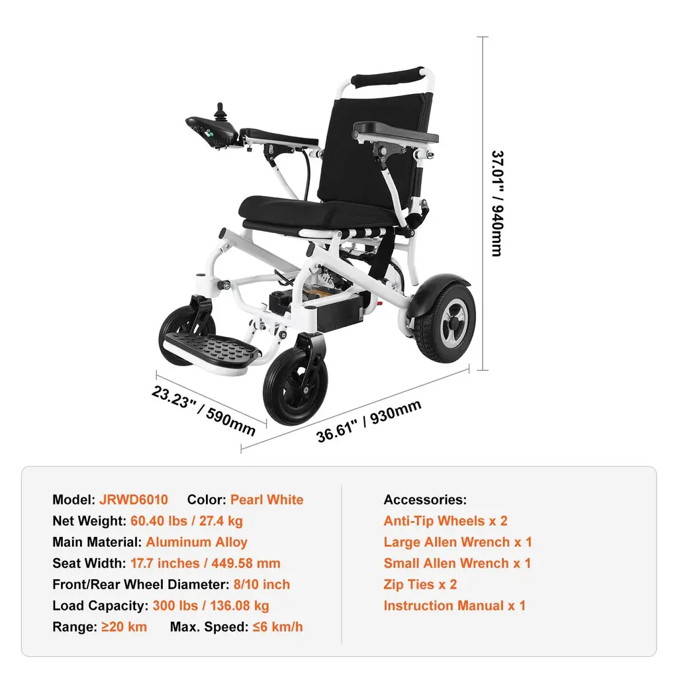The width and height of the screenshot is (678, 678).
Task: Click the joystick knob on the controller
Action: click(x=220, y=111)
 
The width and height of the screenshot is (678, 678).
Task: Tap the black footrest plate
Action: click(x=213, y=348)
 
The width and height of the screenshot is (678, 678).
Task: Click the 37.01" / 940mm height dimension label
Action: click(x=498, y=204)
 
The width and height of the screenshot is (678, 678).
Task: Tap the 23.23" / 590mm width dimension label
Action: click(x=203, y=411)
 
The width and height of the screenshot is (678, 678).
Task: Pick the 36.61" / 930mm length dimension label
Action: click(x=369, y=420)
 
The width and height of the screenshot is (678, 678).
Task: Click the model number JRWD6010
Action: click(x=134, y=499)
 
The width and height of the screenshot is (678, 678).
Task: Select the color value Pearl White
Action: click(x=267, y=499)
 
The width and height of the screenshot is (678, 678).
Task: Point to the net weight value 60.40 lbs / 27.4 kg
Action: click(x=186, y=520)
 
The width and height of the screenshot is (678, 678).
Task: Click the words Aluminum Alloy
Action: click(x=196, y=542)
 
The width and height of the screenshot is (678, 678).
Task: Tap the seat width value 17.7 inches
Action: click(x=165, y=563)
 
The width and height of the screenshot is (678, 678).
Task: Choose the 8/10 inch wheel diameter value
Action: click(x=262, y=584)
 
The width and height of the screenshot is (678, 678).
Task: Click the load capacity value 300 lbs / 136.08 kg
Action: click(x=211, y=605)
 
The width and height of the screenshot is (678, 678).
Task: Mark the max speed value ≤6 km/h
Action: click(x=277, y=626)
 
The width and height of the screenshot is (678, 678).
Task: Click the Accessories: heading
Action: click(x=425, y=499)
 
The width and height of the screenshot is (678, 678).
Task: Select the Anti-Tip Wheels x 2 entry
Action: click(x=446, y=520)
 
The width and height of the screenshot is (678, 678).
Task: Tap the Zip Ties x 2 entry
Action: click(x=420, y=584)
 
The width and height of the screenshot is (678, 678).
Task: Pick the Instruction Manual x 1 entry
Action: click(x=454, y=605)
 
